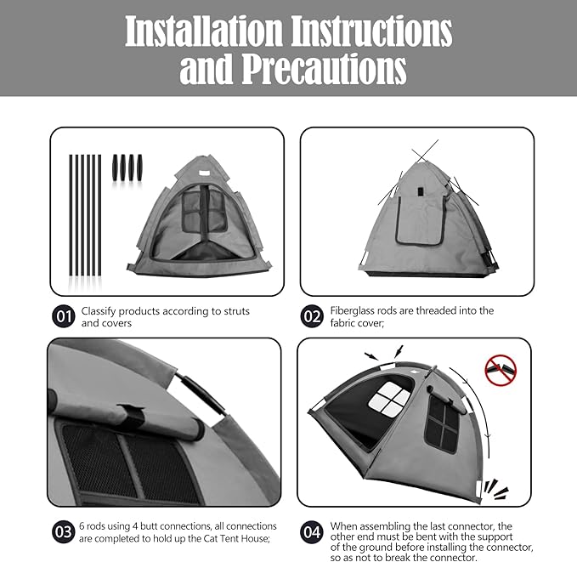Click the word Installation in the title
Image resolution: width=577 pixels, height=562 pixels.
tap(203, 31)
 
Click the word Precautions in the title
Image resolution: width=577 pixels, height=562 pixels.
tap(323, 70)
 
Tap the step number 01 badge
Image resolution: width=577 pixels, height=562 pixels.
tap(63, 317)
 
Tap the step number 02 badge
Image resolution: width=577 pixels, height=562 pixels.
tap(313, 317)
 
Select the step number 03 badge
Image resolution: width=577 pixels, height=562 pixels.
tap(63, 532)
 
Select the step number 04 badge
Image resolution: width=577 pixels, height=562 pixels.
tap(313, 532)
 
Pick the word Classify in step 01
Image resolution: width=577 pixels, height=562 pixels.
tap(101, 311)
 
